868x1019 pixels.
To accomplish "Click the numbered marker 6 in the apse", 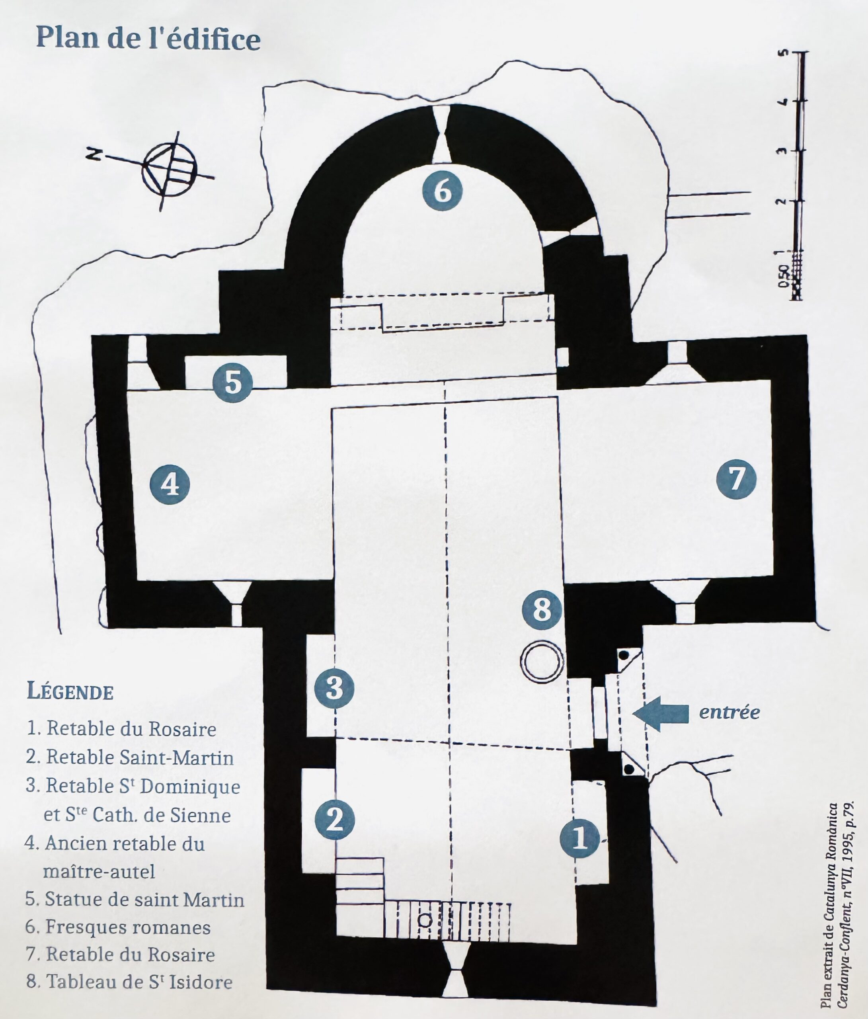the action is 443,191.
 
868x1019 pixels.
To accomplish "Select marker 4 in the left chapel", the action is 170,484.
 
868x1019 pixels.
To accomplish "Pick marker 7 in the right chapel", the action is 736,478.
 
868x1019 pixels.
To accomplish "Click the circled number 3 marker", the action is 334,688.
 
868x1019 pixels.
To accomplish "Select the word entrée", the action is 730,712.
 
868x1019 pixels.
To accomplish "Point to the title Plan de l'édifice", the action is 148,38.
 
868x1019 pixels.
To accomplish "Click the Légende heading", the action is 70,691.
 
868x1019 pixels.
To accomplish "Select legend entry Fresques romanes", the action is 118,927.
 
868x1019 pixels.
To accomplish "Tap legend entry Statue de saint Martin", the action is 135,900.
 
